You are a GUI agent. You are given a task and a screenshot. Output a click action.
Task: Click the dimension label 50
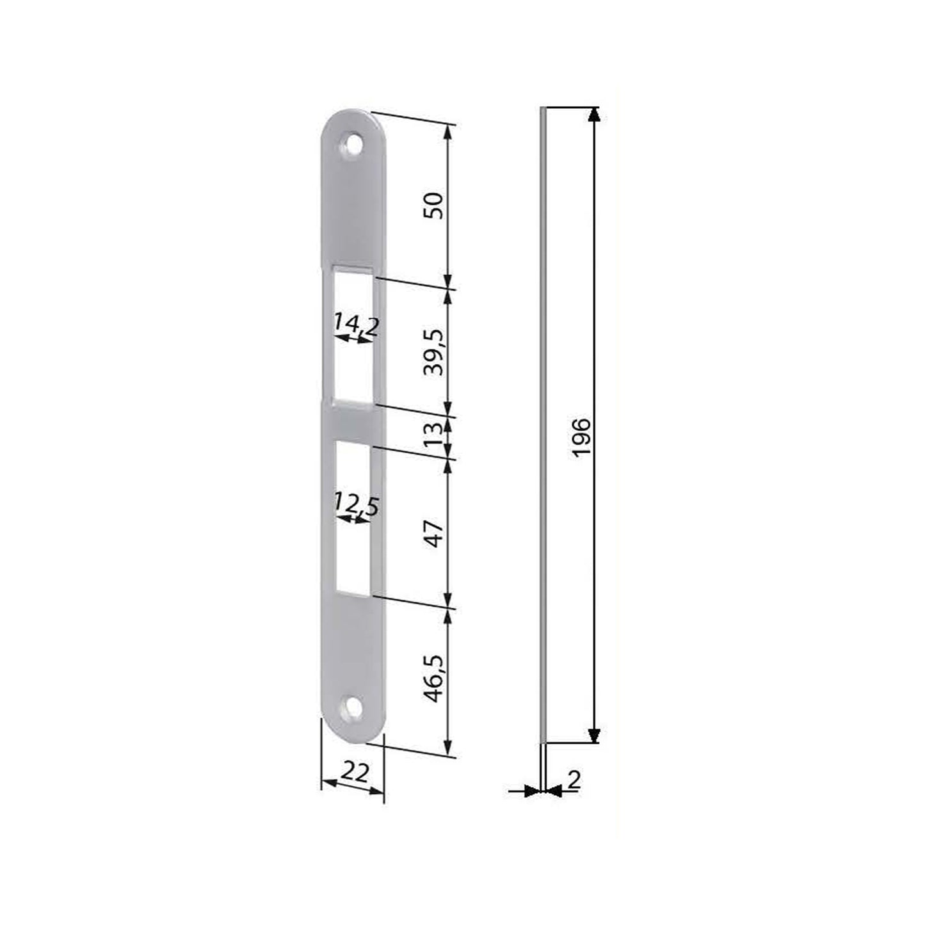[435, 205]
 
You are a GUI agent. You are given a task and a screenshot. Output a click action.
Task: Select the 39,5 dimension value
[435, 352]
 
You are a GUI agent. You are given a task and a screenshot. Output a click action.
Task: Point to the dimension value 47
[435, 532]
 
